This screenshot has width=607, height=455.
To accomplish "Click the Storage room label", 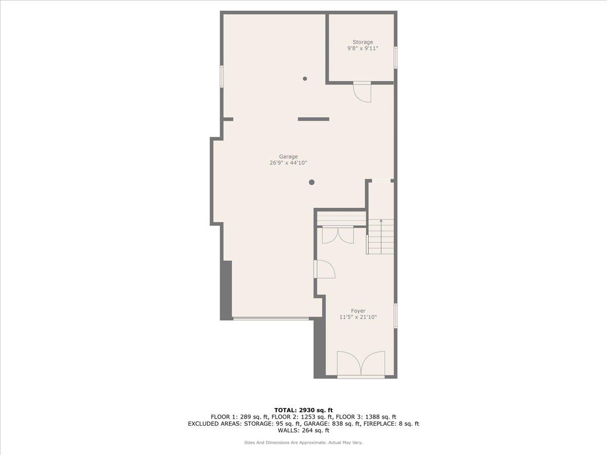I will point(363,42).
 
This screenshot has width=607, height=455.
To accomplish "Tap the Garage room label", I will point(288,156).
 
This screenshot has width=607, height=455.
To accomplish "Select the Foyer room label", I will point(358,311).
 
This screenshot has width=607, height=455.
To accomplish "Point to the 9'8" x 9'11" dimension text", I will point(363,49).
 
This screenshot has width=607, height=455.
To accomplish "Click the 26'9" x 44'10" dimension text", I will point(288,163).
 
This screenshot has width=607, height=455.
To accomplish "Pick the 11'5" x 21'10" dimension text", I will point(358,317).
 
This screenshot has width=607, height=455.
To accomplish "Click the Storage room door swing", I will point(363,92).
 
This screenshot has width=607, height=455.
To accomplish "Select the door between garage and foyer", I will point(324,269).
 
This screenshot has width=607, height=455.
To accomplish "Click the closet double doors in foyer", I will point(338,235).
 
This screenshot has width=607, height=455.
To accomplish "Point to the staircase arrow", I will point(381,222).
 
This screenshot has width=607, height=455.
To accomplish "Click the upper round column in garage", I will point(305,78).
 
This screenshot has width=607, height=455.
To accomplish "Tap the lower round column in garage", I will point(312,182).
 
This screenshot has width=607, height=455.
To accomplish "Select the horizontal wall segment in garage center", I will point(314,119).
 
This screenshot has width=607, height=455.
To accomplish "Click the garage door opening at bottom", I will point(271,318).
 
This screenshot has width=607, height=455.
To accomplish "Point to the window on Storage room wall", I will point(396,57).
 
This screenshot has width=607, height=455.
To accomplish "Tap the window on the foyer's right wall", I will point(396,316).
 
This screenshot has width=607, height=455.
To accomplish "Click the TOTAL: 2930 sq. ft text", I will point(303,410).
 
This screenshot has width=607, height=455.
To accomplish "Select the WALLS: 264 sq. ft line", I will point(303,431).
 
